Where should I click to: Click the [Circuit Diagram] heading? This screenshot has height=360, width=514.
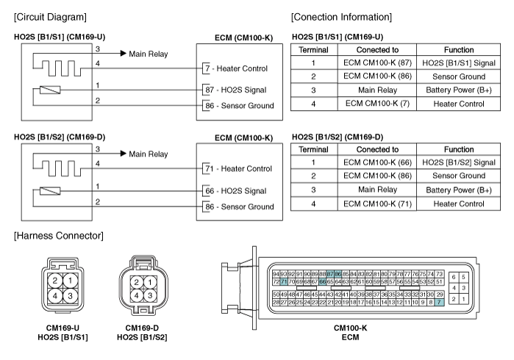(x=50, y=17)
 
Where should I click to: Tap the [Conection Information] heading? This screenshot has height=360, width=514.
(x=341, y=17)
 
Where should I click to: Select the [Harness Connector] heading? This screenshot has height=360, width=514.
(x=59, y=236)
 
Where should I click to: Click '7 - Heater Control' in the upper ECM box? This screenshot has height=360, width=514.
(x=236, y=68)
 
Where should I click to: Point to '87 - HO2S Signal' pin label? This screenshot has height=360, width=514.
(x=236, y=90)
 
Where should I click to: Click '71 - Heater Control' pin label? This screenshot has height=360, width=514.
(x=239, y=169)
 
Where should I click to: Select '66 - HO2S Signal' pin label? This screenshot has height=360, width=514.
(x=236, y=191)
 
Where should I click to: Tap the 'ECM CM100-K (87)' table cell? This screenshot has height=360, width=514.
(x=377, y=63)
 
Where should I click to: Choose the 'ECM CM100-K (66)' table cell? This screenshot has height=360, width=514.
(x=377, y=162)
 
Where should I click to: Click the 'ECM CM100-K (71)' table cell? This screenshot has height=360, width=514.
(x=377, y=204)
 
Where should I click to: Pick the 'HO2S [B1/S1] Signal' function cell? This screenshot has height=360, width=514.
(x=459, y=63)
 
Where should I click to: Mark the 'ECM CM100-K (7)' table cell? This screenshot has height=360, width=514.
(x=377, y=104)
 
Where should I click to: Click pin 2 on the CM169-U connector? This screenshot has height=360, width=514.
(x=55, y=281)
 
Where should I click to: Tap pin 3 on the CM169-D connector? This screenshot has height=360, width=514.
(x=150, y=295)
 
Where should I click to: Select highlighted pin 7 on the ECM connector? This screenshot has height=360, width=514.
(x=439, y=303)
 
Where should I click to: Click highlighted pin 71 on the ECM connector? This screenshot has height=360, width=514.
(x=284, y=281)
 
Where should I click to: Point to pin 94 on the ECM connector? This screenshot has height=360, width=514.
(x=276, y=274)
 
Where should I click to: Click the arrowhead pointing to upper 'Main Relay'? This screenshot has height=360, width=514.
(x=124, y=53)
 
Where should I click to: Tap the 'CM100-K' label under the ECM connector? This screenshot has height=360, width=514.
(x=351, y=328)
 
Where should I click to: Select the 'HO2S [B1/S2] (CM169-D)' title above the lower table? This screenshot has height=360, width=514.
(x=338, y=137)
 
